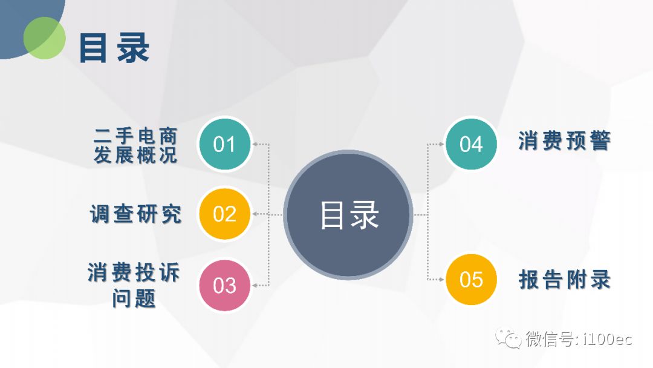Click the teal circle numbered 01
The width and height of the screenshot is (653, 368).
coord(225,144)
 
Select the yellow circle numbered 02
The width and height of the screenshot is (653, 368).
coord(225,214)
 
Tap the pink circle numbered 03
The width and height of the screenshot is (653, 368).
coord(225,286)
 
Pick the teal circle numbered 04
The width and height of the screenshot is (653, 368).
coord(471,144)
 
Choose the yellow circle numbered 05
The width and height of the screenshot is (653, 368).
coord(471,279)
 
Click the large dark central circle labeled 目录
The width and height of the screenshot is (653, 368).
coord(348,215)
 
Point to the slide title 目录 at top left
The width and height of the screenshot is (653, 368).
coord(114,48)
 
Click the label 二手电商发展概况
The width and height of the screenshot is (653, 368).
coord(136,145)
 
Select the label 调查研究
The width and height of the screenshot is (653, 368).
coord(136,214)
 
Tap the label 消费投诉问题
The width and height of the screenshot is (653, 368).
coord(134,286)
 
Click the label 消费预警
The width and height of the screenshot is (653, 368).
coord(565,140)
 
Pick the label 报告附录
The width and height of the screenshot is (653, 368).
coord(565,279)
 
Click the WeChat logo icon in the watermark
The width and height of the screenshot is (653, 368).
coord(508,338)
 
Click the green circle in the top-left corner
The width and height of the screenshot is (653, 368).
coord(45,38)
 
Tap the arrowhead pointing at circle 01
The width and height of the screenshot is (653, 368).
coord(255,144)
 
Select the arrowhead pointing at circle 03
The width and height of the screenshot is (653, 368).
coord(255,286)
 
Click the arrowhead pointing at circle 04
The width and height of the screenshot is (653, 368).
coord(441,144)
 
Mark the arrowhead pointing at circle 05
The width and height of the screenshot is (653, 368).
coord(441,279)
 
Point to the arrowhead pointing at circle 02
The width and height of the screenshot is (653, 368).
coord(255,214)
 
